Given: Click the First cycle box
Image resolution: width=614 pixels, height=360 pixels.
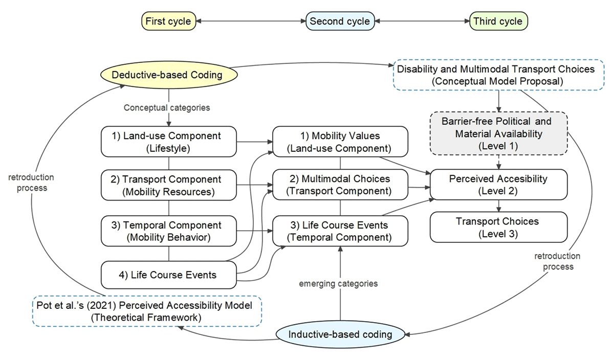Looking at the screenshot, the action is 168,21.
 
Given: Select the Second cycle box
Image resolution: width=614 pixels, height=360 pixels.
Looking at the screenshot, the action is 340,21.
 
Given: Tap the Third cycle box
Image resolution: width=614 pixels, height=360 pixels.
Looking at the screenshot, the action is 498,21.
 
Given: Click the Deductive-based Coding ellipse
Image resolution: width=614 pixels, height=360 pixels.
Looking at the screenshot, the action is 169,75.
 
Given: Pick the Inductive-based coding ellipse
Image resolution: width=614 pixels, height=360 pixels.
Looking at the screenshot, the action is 340,334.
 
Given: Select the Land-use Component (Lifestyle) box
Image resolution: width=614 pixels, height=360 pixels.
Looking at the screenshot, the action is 168,142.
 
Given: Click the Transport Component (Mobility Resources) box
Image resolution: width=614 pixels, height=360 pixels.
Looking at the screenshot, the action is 168,185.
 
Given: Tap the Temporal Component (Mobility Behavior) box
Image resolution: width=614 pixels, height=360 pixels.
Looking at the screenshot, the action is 168,231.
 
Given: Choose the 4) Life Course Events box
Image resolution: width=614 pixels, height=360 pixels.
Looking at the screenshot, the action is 168,275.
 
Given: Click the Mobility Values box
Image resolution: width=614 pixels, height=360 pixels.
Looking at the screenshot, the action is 340,142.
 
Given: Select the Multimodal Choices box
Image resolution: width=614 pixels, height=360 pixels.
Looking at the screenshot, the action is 340,185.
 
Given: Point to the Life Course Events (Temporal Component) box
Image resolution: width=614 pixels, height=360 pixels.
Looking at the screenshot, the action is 340,231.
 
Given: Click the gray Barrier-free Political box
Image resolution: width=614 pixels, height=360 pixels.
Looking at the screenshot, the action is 498,133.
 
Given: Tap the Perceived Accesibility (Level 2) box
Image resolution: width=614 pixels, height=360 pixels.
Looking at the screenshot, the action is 498,185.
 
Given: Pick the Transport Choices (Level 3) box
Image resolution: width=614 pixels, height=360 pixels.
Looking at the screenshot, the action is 498,227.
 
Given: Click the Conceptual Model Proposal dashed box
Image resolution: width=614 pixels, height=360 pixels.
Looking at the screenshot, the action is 498,75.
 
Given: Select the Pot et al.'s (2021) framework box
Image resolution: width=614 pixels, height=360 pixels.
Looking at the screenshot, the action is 147,311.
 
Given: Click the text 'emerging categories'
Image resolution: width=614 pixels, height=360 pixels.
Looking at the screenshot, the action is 338,284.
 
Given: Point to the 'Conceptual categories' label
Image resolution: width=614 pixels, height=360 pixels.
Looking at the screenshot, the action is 167,108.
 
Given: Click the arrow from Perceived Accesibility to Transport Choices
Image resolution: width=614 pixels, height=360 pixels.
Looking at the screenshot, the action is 498,206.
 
